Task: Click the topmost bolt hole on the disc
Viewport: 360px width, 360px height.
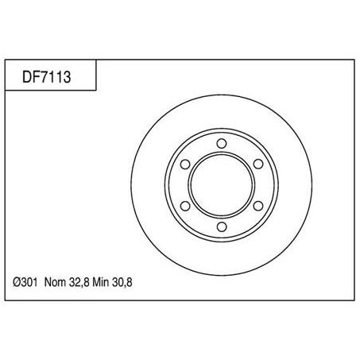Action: pyautogui.click(x=219, y=144)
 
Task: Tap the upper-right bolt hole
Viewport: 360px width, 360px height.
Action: pyautogui.click(x=255, y=165)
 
